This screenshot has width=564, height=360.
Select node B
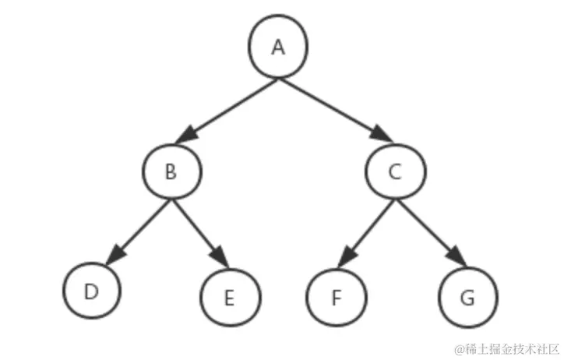point(172,171)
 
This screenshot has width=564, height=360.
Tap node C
point(395,171)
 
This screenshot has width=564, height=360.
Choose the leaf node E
point(230,298)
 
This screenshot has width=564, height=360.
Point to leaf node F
point(335,298)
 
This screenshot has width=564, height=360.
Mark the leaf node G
point(467,298)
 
